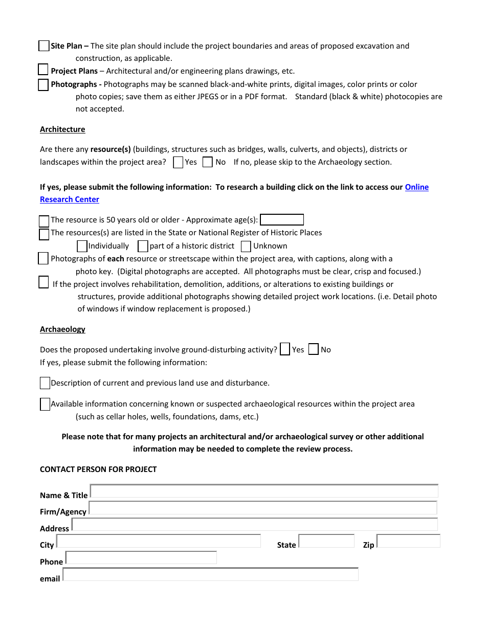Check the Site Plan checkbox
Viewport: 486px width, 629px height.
pos(44,46)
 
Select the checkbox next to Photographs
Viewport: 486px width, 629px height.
pos(43,85)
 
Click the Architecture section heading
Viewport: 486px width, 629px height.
pos(62,129)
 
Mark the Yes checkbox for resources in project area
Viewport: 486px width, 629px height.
pos(178,163)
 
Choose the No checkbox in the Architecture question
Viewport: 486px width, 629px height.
pos(208,162)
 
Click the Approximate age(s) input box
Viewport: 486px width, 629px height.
pos(282,220)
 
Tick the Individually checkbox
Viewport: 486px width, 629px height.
pos(82,246)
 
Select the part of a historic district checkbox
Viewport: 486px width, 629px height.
pos(143,246)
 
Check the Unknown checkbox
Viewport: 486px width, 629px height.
pos(246,246)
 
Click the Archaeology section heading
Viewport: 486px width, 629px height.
pos(62,329)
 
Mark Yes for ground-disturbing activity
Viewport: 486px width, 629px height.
pos(285,349)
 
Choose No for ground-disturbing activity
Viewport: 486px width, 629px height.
pos(314,349)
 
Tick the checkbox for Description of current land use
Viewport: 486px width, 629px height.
pos(45,383)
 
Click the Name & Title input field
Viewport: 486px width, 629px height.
pos(264,491)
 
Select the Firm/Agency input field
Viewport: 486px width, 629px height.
pos(263,508)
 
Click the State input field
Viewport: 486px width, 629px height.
pos(326,541)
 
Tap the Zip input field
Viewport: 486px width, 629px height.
pos(408,541)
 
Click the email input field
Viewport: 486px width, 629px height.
pos(210,574)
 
